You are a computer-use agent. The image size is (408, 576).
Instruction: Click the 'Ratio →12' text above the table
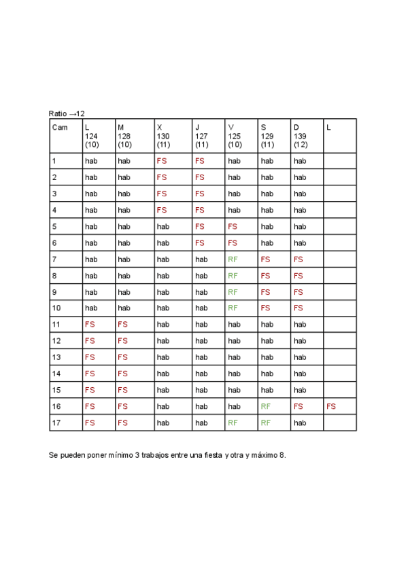pyautogui.click(x=67, y=113)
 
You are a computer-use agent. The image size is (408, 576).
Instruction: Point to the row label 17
pyautogui.click(x=55, y=422)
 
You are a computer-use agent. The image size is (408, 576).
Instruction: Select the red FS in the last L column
pyautogui.click(x=331, y=406)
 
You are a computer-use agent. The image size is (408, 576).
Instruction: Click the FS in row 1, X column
pyautogui.click(x=162, y=162)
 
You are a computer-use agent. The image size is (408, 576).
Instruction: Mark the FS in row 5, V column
pyautogui.click(x=233, y=227)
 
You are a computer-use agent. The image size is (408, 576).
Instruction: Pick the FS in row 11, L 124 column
pyautogui.click(x=90, y=325)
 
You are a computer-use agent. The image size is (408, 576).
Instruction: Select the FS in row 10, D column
pyautogui.click(x=299, y=308)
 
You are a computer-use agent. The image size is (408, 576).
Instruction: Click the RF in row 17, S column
pyautogui.click(x=266, y=422)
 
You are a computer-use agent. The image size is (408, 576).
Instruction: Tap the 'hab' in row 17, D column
pyautogui.click(x=300, y=422)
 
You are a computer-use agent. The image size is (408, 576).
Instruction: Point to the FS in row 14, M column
pyautogui.click(x=122, y=374)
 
